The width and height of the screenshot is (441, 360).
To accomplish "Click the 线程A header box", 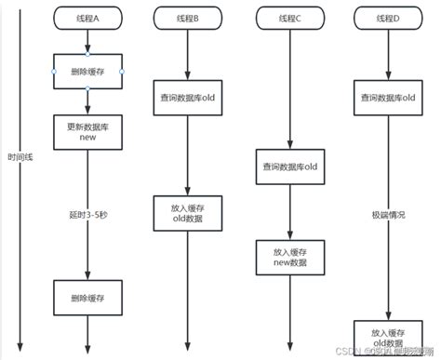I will click(88, 19).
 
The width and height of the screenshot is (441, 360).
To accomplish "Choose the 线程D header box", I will click(390, 19).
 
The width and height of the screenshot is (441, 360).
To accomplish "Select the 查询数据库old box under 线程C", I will click(288, 168).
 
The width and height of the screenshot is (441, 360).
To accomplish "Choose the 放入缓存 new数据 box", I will click(288, 258).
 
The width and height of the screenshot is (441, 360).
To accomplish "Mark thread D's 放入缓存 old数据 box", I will click(391, 337).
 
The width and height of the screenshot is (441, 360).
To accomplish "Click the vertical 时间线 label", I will click(11, 173).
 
